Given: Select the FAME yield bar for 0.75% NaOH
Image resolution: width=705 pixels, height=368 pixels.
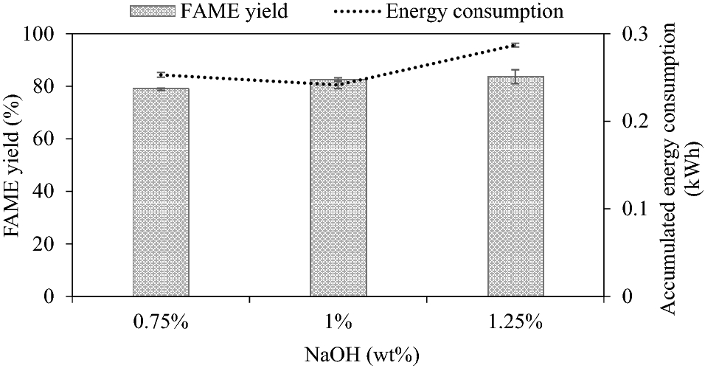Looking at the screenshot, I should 161,192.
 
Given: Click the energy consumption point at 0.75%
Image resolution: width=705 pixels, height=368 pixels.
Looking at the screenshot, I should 161,74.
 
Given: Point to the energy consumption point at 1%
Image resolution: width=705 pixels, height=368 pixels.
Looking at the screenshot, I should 338,85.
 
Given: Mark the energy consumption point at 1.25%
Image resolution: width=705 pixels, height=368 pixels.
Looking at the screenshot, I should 515,45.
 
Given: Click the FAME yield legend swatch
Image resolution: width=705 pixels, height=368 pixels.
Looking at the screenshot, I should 153,11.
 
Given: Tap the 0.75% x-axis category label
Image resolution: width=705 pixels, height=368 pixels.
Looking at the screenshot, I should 161,323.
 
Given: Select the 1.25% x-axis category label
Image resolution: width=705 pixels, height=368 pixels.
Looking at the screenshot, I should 515,323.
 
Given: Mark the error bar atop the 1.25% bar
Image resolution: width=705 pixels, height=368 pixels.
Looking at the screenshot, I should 515,76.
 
